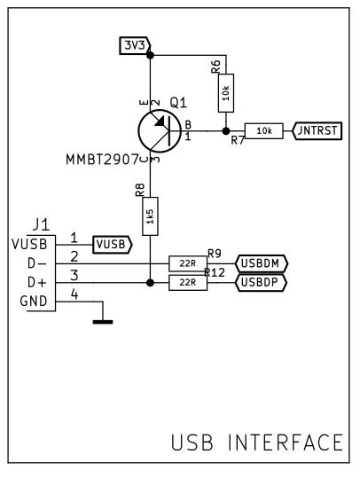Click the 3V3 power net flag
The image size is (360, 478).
pos(135,46)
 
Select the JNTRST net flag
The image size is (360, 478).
pos(317,131)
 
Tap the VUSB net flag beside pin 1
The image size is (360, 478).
pos(113,245)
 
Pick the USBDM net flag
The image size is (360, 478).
pos(262,263)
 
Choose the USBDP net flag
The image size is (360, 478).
pos(261,283)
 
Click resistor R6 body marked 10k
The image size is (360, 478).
pos(226,93)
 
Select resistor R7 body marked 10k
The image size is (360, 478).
pos(264,131)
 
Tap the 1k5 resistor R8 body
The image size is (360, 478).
pos(150,216)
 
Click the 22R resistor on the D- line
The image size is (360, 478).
pos(188,263)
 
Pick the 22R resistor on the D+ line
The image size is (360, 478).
pos(188,283)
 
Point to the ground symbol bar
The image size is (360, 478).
pos(103,322)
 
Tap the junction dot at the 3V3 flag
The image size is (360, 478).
pos(150,55)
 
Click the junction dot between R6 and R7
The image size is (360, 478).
pos(226,131)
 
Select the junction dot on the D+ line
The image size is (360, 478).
pos(150,283)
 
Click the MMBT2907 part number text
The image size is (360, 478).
pos(103,160)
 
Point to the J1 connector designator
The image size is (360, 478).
pos(41,225)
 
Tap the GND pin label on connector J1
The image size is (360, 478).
pos(34,302)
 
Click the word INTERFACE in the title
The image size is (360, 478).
pos(286,443)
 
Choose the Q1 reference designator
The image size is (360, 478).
pos(178,103)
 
